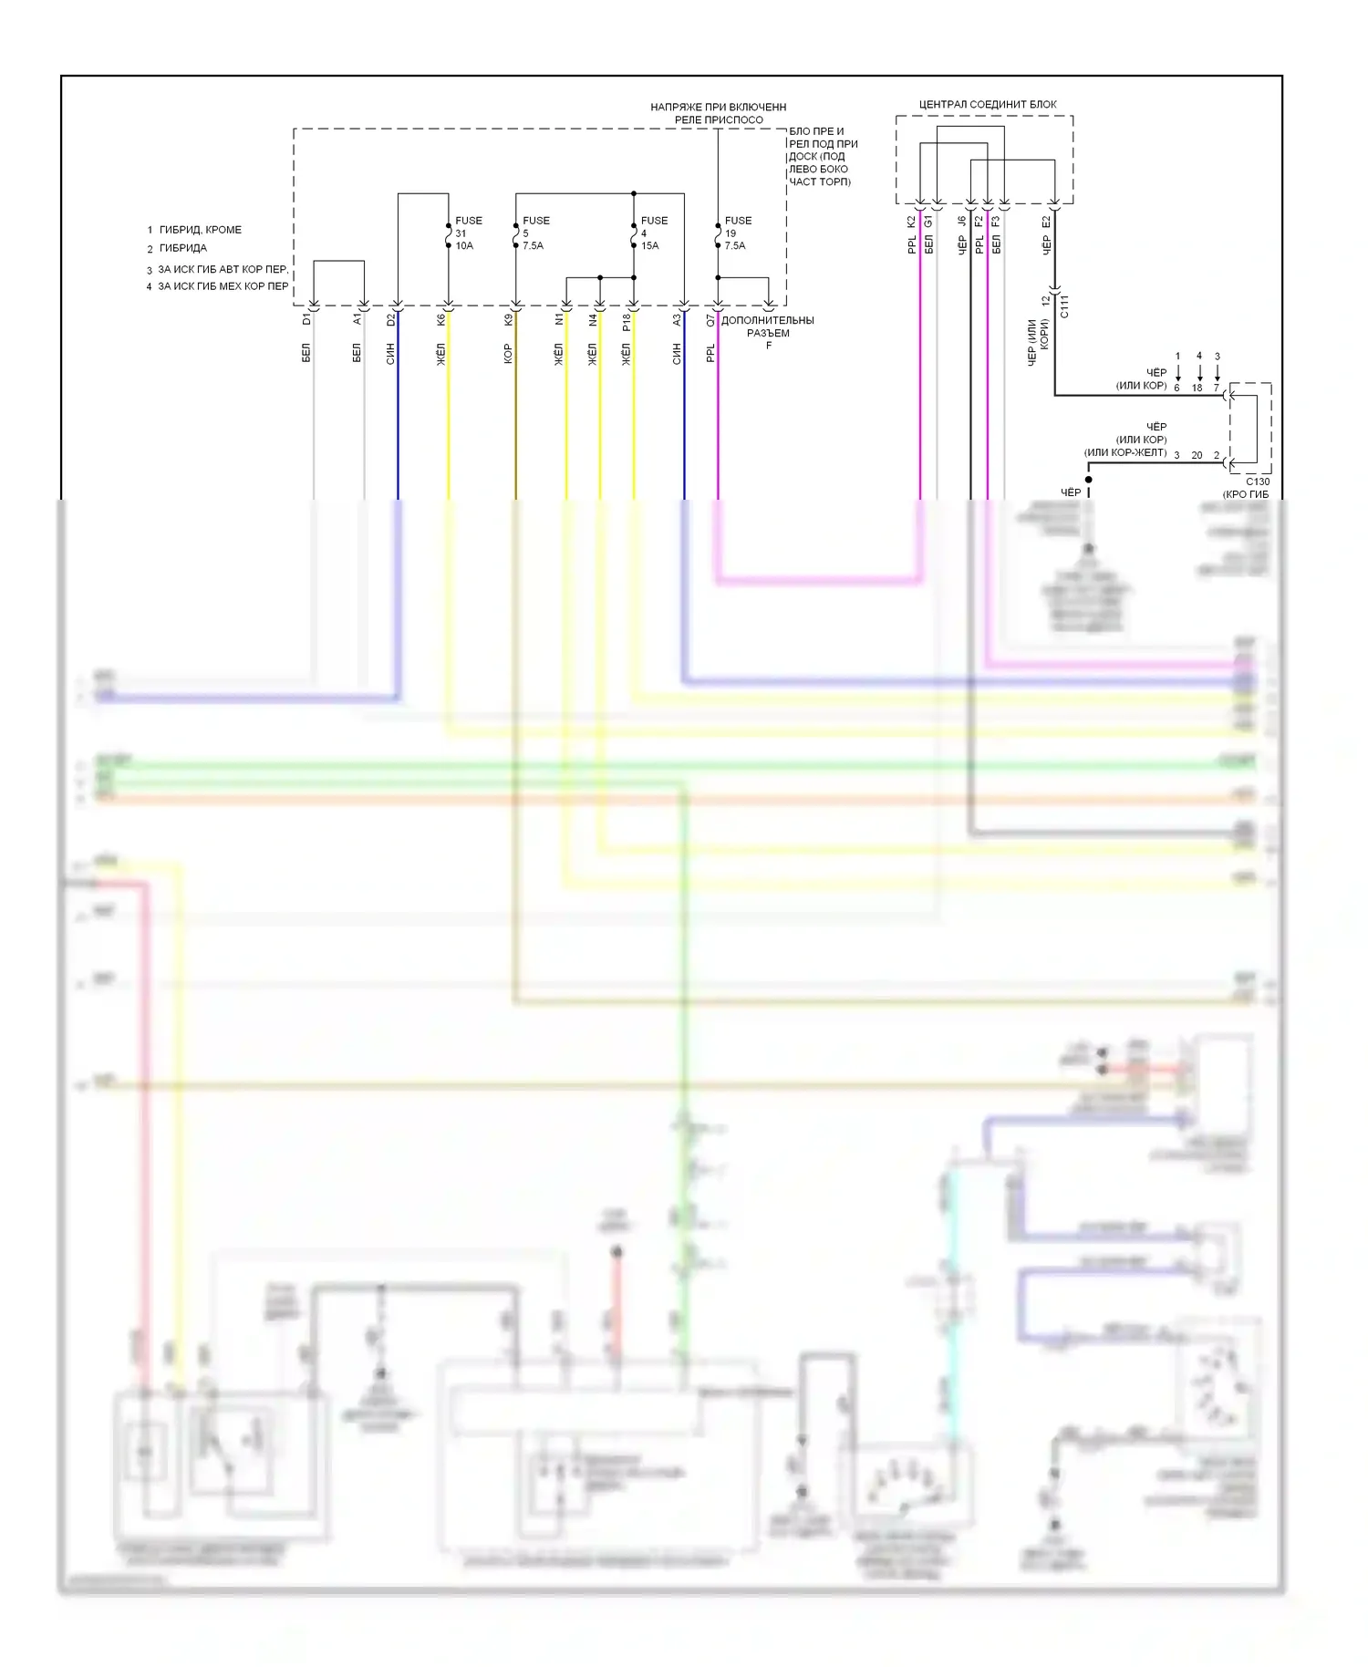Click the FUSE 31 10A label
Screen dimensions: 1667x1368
click(x=467, y=233)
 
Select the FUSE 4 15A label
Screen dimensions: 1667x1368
click(x=653, y=233)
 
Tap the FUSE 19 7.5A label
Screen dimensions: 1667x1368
click(x=737, y=233)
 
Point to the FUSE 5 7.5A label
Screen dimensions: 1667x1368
click(x=534, y=233)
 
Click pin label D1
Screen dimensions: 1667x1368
click(x=306, y=319)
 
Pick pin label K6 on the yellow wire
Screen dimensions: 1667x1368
click(x=440, y=319)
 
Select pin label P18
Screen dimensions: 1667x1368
click(x=627, y=322)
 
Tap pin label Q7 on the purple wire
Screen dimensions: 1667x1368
click(x=710, y=320)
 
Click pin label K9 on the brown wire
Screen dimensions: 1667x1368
click(x=508, y=319)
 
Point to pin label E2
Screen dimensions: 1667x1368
click(x=1046, y=221)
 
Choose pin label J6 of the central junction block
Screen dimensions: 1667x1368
click(x=962, y=221)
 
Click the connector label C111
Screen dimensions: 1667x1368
click(x=1064, y=306)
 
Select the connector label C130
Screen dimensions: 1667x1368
click(x=1258, y=481)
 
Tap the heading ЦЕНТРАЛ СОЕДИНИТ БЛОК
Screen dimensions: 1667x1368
click(x=987, y=105)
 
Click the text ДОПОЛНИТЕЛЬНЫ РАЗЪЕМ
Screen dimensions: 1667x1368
click(x=767, y=326)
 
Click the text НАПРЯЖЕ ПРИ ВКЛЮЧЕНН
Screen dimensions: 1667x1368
click(x=718, y=108)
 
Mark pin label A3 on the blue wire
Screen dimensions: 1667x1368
click(x=677, y=319)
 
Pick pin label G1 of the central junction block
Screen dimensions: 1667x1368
click(x=928, y=221)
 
